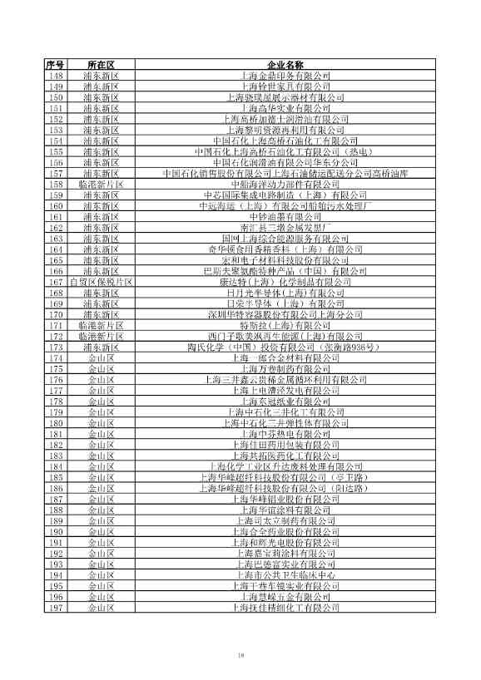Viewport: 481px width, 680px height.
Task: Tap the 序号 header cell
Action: click(x=56, y=65)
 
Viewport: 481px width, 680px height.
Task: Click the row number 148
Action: click(x=56, y=76)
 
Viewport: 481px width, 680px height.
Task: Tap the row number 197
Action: click(x=56, y=607)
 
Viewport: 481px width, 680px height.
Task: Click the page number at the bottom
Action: click(x=240, y=656)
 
